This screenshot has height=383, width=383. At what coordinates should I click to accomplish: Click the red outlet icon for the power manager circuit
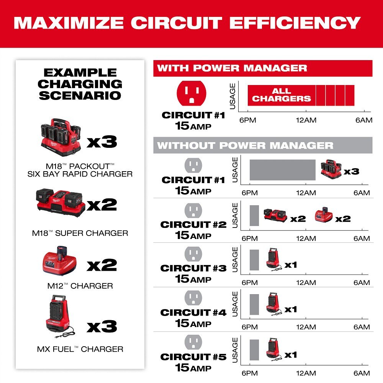(x=191, y=94)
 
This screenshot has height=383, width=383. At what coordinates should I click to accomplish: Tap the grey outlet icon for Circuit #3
(x=193, y=254)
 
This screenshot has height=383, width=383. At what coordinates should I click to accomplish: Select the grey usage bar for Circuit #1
(x=283, y=170)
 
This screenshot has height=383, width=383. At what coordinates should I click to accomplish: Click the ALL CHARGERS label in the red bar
(x=281, y=95)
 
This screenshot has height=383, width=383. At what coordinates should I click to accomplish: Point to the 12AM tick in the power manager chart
(x=306, y=120)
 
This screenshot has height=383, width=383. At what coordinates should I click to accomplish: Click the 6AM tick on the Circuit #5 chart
(x=362, y=373)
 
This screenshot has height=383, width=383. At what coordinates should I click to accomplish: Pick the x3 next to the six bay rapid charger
(x=101, y=142)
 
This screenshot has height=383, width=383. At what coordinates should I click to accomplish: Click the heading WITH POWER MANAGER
(x=232, y=68)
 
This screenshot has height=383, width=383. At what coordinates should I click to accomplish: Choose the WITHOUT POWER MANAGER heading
(x=245, y=145)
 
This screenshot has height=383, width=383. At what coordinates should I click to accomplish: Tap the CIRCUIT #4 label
(x=193, y=313)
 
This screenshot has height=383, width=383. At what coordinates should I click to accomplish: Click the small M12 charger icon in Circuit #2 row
(x=324, y=215)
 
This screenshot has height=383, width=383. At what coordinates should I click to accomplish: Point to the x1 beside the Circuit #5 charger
(x=291, y=355)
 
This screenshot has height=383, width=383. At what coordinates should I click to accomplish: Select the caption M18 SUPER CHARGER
(x=80, y=233)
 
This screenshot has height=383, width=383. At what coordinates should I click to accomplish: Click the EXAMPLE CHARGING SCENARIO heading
(x=80, y=84)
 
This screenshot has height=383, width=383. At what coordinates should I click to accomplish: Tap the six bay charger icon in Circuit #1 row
(x=331, y=169)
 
